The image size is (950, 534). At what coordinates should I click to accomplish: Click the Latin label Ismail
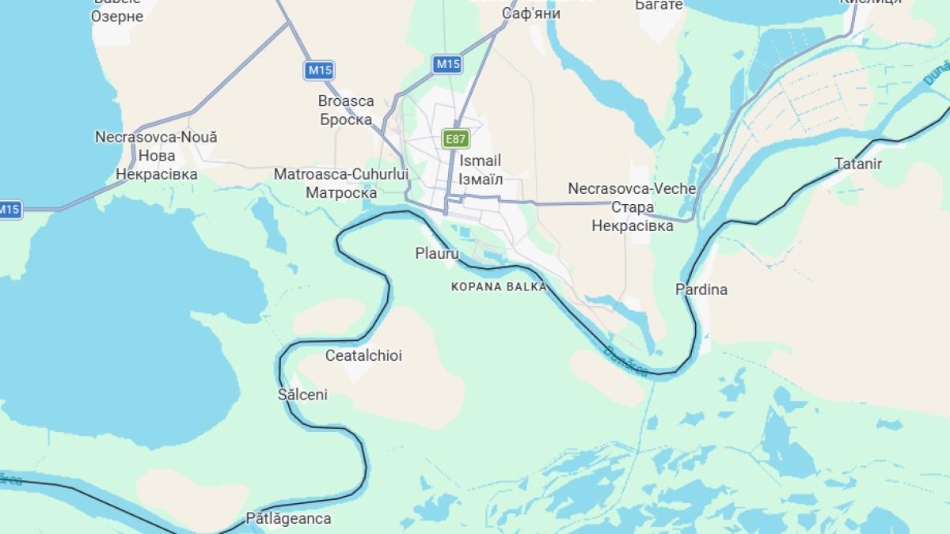(x=480, y=161)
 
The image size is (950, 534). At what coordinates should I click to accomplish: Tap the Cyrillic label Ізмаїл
(x=481, y=179)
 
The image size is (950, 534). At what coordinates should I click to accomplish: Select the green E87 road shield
(x=455, y=139)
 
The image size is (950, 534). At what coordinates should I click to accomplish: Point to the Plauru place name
(x=437, y=254)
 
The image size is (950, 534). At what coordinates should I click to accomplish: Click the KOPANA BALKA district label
(x=499, y=286)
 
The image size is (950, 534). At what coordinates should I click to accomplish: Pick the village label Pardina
(x=701, y=290)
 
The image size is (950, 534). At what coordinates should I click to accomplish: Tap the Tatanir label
(x=858, y=165)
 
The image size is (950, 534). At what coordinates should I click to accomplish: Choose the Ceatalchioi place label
(x=363, y=355)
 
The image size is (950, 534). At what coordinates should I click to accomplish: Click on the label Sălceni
(x=302, y=394)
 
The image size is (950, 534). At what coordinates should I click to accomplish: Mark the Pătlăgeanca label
(x=288, y=519)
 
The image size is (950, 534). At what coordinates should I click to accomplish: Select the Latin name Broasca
(x=346, y=101)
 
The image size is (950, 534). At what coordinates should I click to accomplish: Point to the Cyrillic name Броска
(x=346, y=120)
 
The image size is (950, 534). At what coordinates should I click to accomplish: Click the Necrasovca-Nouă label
(x=156, y=137)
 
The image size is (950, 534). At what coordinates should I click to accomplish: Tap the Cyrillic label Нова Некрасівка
(x=157, y=165)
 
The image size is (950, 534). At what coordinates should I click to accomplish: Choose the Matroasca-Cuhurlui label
(x=341, y=174)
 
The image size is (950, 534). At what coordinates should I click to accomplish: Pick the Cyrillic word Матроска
(x=341, y=192)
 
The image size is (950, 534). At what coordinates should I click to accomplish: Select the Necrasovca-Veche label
(x=632, y=188)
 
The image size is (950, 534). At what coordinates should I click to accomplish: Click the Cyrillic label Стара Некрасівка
(x=633, y=216)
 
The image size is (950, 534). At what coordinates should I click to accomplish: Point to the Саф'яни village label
(x=531, y=13)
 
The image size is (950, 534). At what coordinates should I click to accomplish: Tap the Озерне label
(x=117, y=16)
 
